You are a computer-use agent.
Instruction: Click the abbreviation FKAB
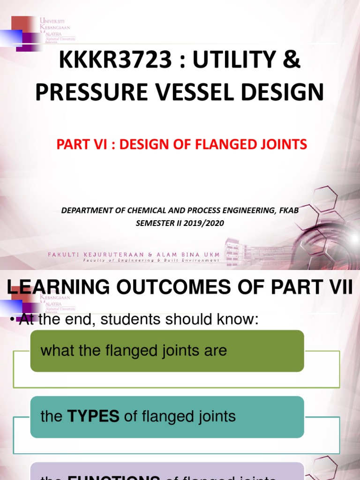[x=288, y=210]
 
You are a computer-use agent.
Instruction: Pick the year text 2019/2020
[x=204, y=224]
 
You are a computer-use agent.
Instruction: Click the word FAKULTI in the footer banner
[x=65, y=255]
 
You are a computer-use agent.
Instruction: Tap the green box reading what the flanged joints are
[x=167, y=351]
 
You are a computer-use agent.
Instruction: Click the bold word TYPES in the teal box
[x=94, y=416]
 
